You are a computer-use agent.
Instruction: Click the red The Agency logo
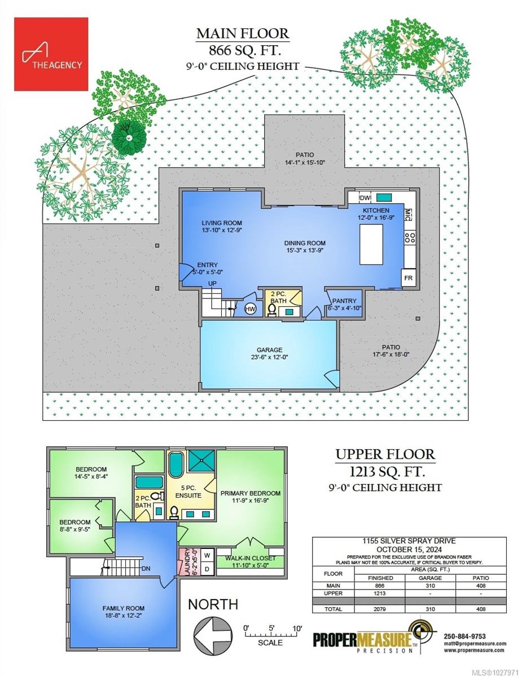(51, 54)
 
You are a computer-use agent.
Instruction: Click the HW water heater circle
(250, 309)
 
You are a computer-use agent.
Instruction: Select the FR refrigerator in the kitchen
(408, 279)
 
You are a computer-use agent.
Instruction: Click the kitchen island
(370, 244)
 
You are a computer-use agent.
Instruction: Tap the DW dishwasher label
(365, 198)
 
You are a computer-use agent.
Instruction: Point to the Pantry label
(343, 301)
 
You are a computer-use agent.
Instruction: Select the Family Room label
(123, 608)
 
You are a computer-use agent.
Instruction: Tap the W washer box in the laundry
(207, 555)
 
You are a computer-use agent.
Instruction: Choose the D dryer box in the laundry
(207, 569)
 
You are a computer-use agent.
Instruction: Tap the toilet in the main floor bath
(272, 310)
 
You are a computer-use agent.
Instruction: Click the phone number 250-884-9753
(466, 636)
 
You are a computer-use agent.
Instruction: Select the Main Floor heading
(243, 34)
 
